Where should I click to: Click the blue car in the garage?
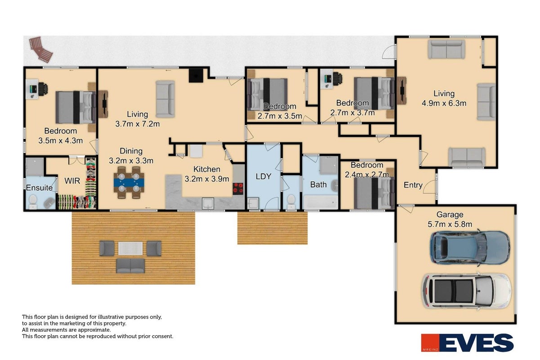pyautogui.click(x=470, y=248)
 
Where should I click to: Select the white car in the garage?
pyautogui.click(x=466, y=292)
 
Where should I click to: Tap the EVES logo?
pyautogui.click(x=467, y=342)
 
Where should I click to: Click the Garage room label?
pyautogui.click(x=450, y=215)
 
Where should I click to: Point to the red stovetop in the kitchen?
pyautogui.click(x=238, y=189)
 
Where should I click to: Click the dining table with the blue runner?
pyautogui.click(x=129, y=182)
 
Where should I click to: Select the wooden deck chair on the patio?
pyautogui.click(x=40, y=49)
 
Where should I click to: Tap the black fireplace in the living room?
pyautogui.click(x=196, y=76)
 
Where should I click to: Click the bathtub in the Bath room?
pyautogui.click(x=321, y=202)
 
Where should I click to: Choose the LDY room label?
pyautogui.click(x=263, y=176)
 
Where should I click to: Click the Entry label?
pyautogui.click(x=413, y=185)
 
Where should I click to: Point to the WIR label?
pyautogui.click(x=72, y=181)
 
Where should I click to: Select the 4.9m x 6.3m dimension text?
pyautogui.click(x=444, y=103)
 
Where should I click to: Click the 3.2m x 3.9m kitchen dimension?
pyautogui.click(x=207, y=179)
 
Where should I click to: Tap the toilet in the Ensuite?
pyautogui.click(x=33, y=202)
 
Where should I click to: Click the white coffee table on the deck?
pyautogui.click(x=130, y=248)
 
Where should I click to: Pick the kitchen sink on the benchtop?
pyautogui.click(x=208, y=203)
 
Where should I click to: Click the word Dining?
pyautogui.click(x=131, y=151)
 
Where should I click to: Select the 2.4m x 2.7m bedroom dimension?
pyautogui.click(x=367, y=175)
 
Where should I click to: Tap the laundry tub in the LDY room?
pyautogui.click(x=253, y=203)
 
